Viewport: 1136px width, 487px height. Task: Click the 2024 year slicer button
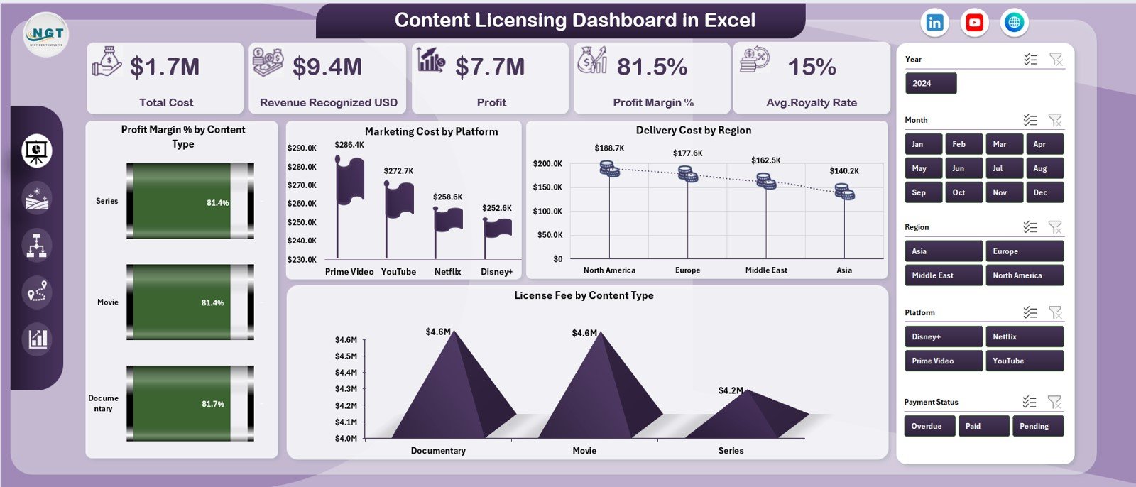[x=930, y=83]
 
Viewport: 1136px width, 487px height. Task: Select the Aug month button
[x=1044, y=168]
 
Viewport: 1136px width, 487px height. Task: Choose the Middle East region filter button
[x=943, y=275]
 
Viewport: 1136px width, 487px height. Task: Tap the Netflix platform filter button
[x=1024, y=336]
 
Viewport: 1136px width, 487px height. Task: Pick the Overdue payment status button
[x=929, y=426]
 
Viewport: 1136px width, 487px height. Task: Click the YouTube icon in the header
[x=974, y=23]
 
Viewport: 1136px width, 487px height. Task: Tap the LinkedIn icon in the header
[x=934, y=23]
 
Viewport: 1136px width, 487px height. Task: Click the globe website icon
[x=1014, y=23]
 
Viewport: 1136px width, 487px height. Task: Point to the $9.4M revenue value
[x=327, y=67]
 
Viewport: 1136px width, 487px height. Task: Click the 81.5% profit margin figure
[x=652, y=67]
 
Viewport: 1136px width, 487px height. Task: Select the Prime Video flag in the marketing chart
[x=349, y=181]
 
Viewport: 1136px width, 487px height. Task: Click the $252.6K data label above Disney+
[x=497, y=208]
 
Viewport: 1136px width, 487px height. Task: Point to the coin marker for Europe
[x=687, y=173]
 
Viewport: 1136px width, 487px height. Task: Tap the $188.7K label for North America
[x=609, y=148]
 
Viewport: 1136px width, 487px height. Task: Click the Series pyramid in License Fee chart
[x=738, y=415]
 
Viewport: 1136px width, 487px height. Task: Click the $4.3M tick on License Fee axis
[x=346, y=389]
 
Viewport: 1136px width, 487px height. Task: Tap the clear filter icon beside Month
[x=1055, y=120]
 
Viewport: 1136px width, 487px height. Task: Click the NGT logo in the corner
[x=46, y=34]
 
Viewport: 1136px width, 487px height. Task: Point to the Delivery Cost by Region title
[x=693, y=130]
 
